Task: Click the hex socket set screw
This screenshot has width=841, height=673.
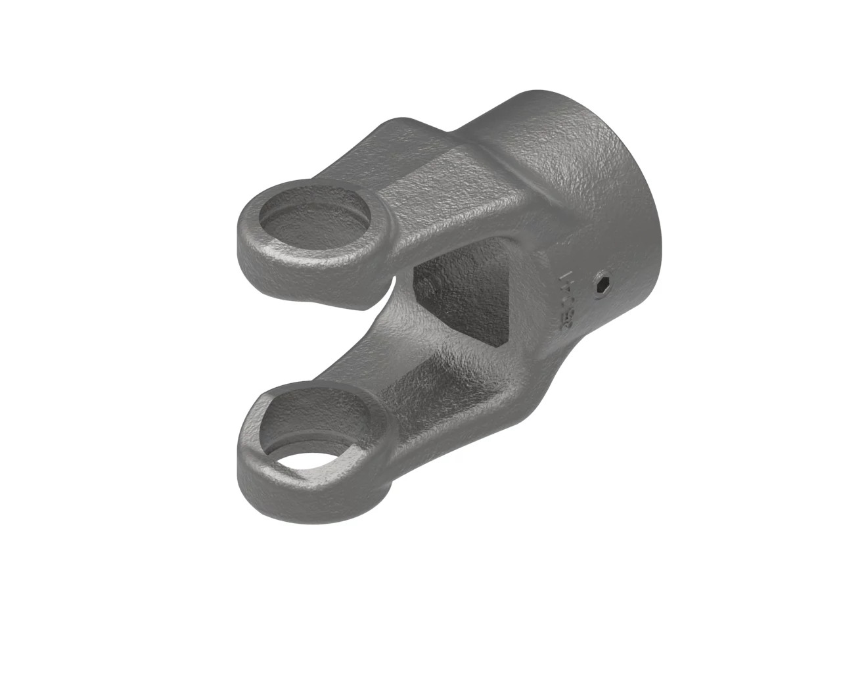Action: click(x=602, y=285)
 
